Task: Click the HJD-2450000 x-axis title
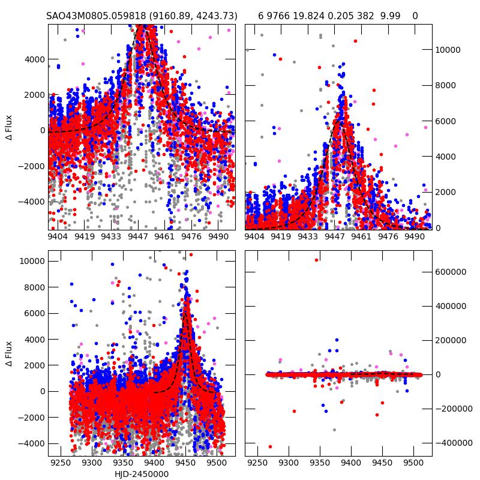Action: tap(142, 474)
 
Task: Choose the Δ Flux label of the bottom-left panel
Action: tap(9, 354)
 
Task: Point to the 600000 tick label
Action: tap(454, 271)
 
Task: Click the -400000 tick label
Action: tap(452, 443)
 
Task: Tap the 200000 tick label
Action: tap(454, 340)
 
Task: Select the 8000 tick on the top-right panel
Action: tap(446, 85)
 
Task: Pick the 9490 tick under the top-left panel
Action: tap(218, 236)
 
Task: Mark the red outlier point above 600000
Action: tap(316, 260)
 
